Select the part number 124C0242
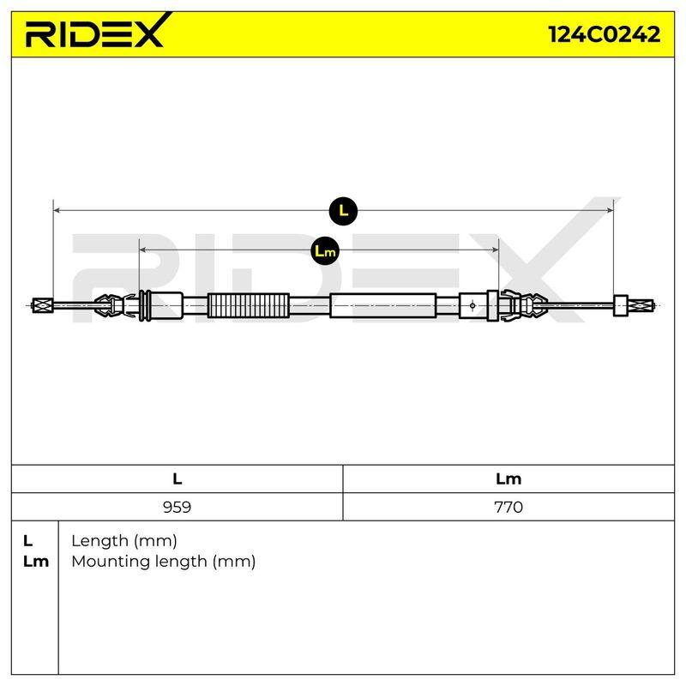pos(605,34)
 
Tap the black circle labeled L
pos(344,211)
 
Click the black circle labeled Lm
pos(325,250)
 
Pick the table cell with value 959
pos(177,507)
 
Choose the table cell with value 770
pos(508,507)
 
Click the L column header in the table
pos(177,479)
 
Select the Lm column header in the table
pos(508,479)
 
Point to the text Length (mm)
pos(124,541)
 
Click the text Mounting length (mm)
pos(164,562)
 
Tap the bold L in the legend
pos(27,541)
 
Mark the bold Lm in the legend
pos(36,562)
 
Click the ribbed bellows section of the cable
pos(249,305)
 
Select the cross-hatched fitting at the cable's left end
pos(43,305)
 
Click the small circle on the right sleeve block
pos(472,305)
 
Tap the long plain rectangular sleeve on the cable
pos(382,305)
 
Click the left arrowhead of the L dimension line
pos(56,211)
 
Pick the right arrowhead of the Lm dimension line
pos(496,250)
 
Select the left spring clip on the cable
pos(115,305)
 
